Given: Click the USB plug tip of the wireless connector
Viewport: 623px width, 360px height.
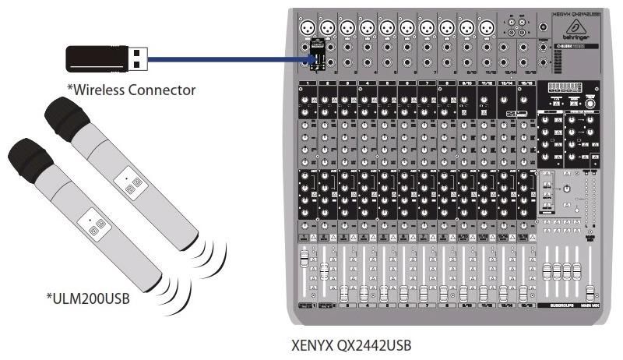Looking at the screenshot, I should click(136, 57).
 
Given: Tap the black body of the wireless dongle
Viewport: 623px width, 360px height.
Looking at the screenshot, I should click(95, 57).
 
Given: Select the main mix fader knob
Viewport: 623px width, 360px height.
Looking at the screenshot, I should click(590, 292).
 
